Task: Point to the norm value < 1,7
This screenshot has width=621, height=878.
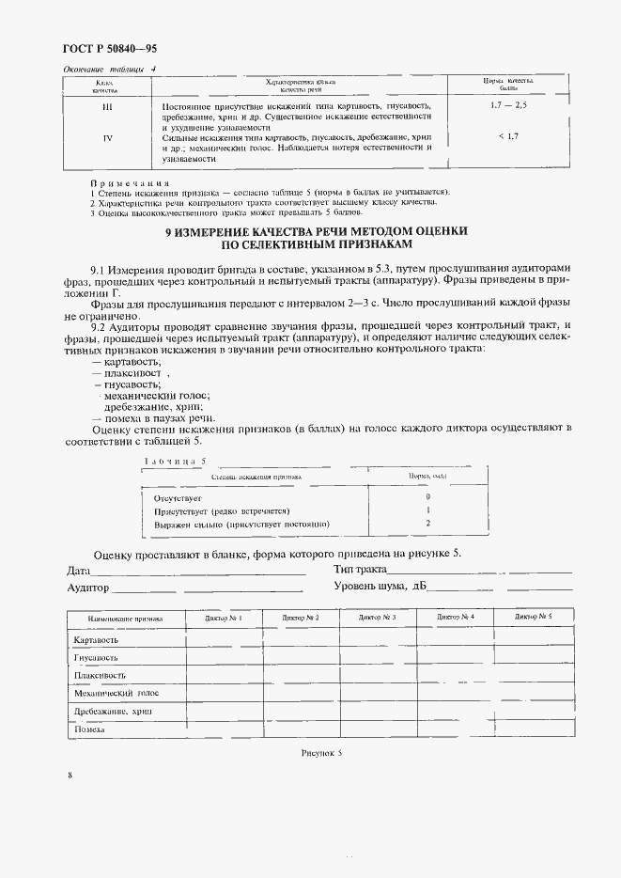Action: tap(509, 138)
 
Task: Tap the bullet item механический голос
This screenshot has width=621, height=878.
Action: tap(155, 396)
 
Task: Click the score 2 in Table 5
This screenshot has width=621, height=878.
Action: tap(427, 524)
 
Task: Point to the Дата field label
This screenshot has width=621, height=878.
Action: tap(78, 571)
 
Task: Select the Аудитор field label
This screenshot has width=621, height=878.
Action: tap(87, 588)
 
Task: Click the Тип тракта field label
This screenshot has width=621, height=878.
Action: tap(361, 570)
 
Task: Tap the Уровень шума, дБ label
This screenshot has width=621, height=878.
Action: tap(380, 587)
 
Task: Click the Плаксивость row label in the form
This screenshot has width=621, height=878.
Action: tap(99, 676)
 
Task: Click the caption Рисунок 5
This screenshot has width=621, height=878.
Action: tap(322, 753)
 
